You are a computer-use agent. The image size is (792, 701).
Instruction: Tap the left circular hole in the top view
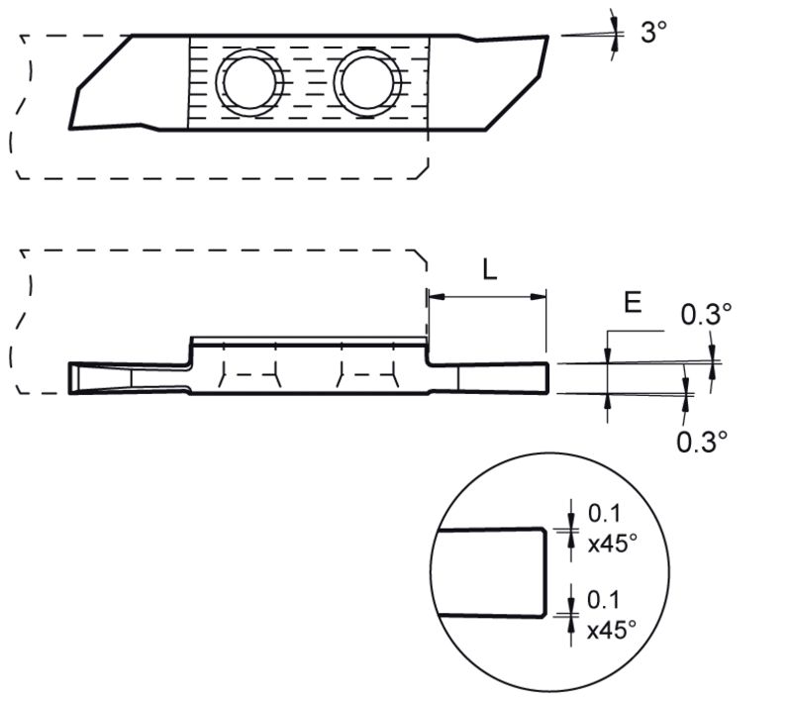click(251, 80)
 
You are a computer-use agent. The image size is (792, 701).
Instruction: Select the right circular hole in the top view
click(367, 80)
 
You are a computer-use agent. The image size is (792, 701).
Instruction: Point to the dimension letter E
click(633, 304)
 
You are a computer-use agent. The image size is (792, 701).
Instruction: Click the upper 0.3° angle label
click(706, 315)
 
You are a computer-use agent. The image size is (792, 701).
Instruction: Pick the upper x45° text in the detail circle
click(610, 543)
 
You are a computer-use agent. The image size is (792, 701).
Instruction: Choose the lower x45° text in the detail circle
click(610, 629)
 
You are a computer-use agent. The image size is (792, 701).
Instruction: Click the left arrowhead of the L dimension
click(435, 295)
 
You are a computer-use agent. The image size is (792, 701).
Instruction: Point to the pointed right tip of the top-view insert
click(546, 39)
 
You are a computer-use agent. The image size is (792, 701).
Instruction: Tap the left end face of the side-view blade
click(71, 379)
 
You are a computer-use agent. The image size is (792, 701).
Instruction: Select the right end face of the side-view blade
click(546, 378)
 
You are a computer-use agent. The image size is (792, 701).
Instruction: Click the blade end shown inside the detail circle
click(545, 571)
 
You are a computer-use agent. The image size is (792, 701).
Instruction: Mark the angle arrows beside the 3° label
click(615, 33)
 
